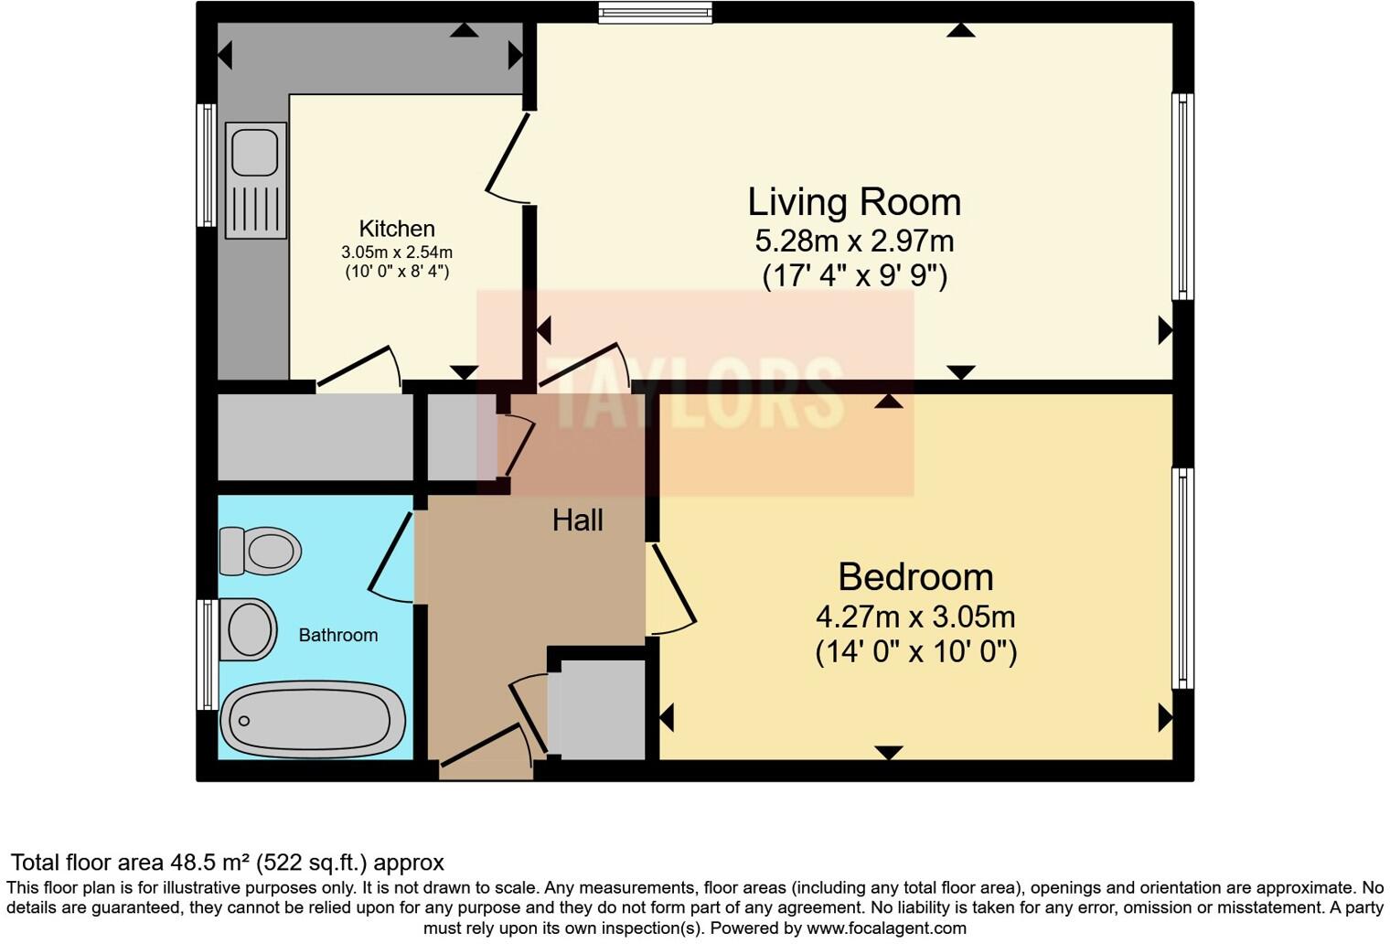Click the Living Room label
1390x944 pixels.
[x=854, y=202]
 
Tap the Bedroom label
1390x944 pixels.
[x=915, y=577]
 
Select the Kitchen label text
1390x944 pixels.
[x=397, y=229]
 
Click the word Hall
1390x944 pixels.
[x=577, y=520]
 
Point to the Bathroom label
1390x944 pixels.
[x=337, y=635]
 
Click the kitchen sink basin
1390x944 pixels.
[x=254, y=152]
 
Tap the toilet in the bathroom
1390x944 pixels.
[x=261, y=551]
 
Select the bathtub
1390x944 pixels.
[x=313, y=720]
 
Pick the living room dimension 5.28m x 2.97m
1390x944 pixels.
[x=854, y=241]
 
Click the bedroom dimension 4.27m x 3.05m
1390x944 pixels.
[x=915, y=617]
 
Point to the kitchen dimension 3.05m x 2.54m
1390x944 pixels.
[x=397, y=252]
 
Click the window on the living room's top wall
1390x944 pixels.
[x=655, y=12]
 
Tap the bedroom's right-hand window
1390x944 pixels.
[x=1182, y=578]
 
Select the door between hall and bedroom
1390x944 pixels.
[x=672, y=590]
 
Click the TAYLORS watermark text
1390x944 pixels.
[x=695, y=393]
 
